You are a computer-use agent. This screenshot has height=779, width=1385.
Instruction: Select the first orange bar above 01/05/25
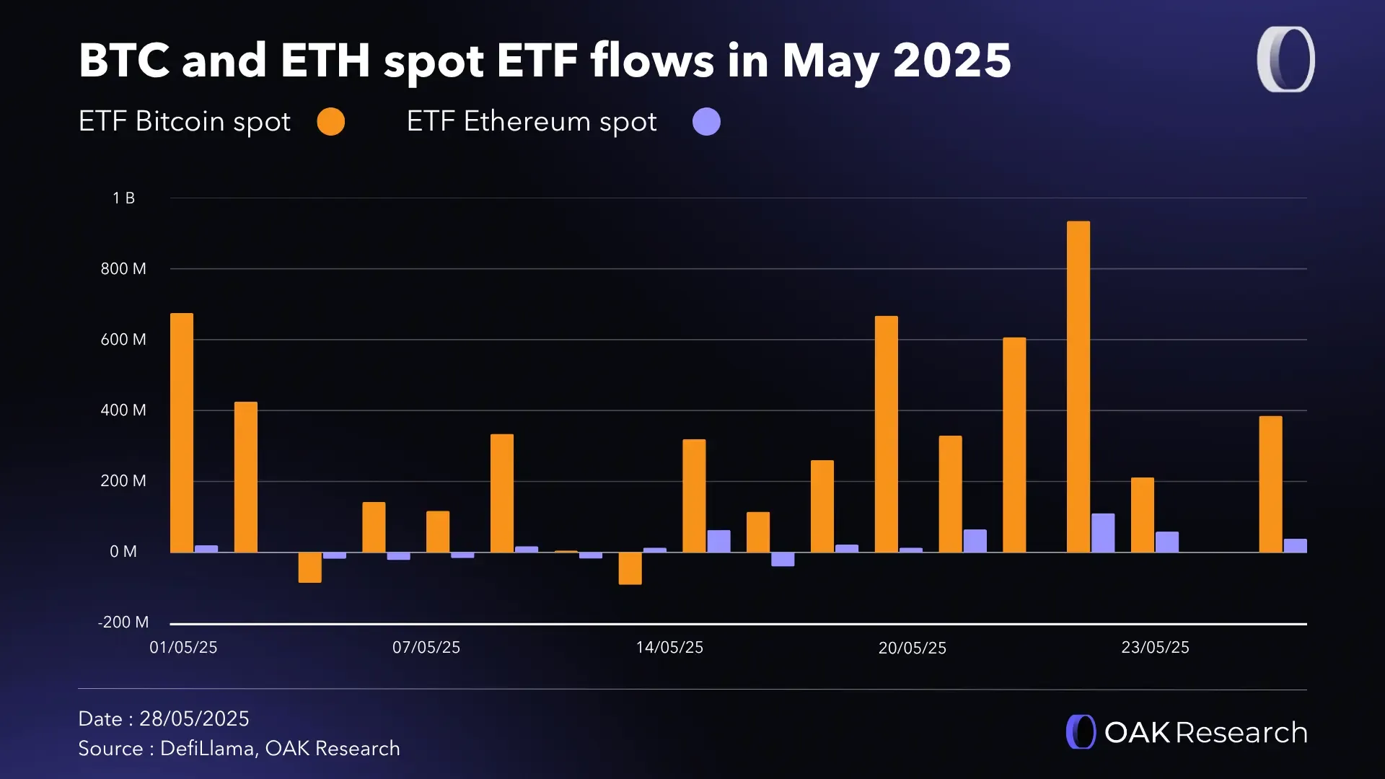pos(182,433)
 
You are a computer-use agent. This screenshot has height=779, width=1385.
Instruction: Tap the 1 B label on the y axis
pos(123,198)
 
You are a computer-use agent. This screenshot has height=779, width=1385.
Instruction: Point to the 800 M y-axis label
pos(123,269)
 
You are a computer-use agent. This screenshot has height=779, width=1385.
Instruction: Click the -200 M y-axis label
pos(123,622)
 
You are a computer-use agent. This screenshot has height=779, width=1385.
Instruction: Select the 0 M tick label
pos(123,552)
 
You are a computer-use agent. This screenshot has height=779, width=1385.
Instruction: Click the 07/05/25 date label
pos(426,648)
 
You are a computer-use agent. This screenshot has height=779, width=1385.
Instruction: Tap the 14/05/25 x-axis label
pos(669,648)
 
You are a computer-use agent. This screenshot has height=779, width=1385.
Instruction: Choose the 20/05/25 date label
pos(913,648)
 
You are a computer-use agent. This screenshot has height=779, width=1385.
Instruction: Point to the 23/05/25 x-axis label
pos(1155,648)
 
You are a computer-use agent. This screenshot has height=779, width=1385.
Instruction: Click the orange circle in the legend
pos(331,122)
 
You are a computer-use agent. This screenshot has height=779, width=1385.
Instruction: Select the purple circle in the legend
pos(706,122)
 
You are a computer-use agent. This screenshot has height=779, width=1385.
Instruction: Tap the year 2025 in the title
pos(952,61)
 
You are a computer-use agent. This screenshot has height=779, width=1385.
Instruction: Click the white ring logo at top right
pos(1285,60)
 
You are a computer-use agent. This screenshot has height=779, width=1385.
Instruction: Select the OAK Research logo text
pos(1205,733)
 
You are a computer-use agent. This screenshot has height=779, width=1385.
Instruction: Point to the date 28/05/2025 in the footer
pos(194,719)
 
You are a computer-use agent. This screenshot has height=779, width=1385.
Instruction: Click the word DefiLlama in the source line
pos(206,749)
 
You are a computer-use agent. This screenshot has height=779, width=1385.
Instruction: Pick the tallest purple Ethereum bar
pos(1103,533)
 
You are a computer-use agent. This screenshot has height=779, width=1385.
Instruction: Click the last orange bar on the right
pos(1270,484)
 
